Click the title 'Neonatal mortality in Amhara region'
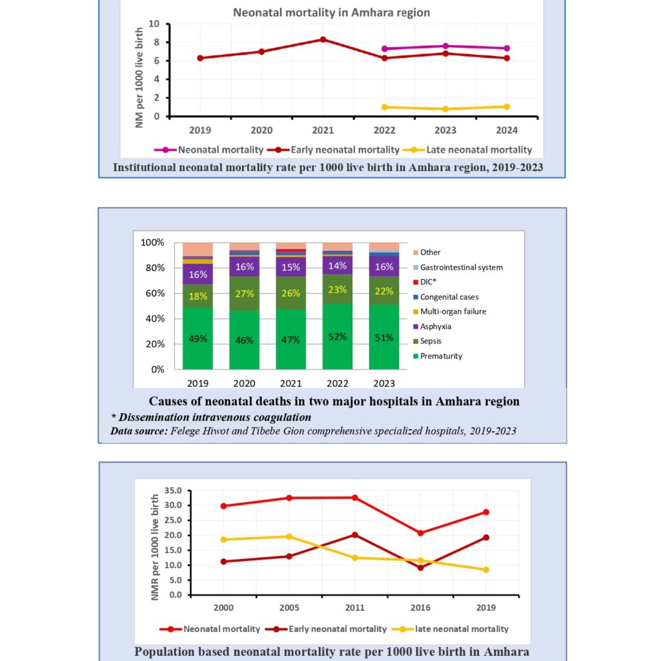[x=331, y=12]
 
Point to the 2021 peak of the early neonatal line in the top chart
[x=323, y=39]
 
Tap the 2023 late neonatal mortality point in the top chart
[x=445, y=109]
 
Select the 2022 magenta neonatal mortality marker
[x=384, y=48]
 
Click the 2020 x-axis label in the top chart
[x=261, y=129]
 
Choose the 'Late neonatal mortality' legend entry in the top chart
[x=473, y=150]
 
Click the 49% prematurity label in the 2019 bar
[x=198, y=338]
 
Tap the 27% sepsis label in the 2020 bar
[x=244, y=292]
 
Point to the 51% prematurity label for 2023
[x=384, y=338]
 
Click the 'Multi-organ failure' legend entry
[x=453, y=312]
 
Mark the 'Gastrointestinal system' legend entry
[x=461, y=267]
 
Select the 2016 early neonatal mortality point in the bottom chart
[x=421, y=568]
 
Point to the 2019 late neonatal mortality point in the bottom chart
[x=486, y=570]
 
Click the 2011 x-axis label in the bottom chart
[x=355, y=608]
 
